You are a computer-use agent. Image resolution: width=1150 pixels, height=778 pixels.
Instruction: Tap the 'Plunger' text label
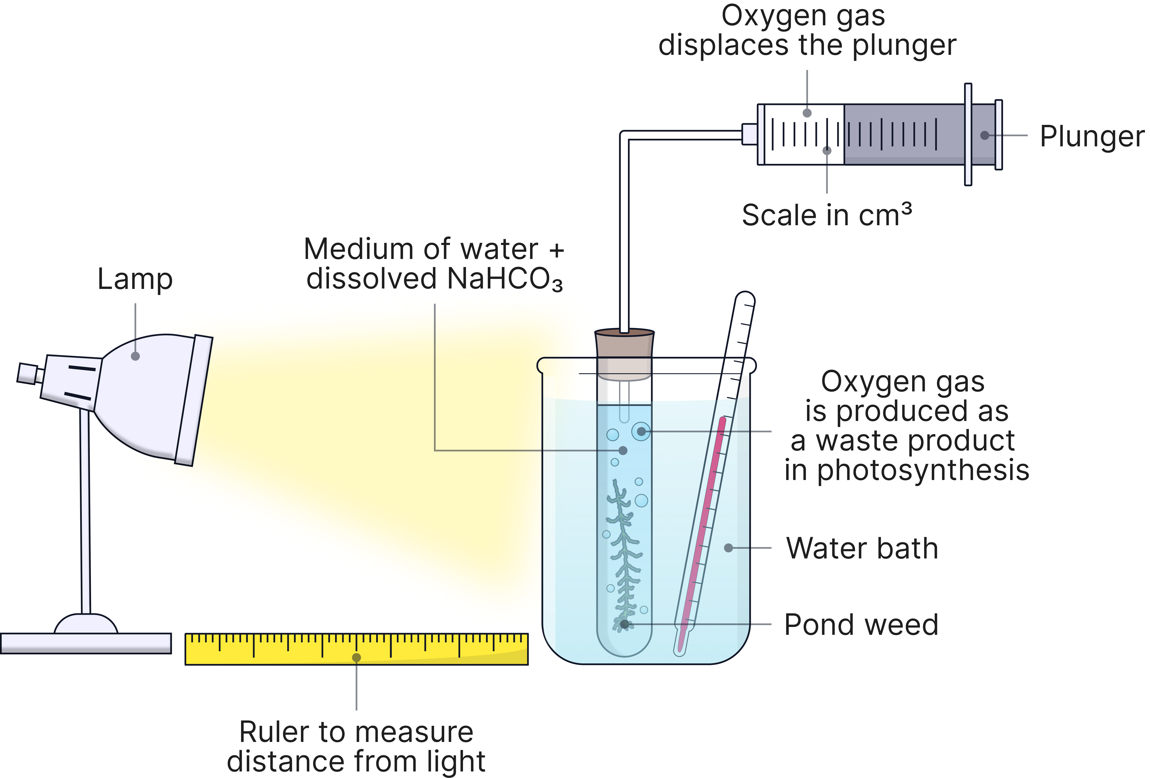coord(1092,137)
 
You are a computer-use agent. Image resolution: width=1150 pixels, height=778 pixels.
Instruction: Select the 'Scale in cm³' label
coord(826,215)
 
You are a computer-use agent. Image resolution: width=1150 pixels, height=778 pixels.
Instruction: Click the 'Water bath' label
coord(862,548)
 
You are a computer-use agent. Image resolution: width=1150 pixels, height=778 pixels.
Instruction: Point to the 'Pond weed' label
coord(861,625)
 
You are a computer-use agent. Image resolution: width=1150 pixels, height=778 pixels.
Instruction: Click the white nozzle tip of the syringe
coord(749,134)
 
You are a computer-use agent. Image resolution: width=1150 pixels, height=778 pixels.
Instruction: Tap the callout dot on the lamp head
coord(135,356)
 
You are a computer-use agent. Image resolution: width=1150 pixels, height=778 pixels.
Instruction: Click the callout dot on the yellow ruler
coord(356,657)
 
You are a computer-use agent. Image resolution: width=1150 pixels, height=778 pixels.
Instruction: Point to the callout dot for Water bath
coord(729,548)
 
